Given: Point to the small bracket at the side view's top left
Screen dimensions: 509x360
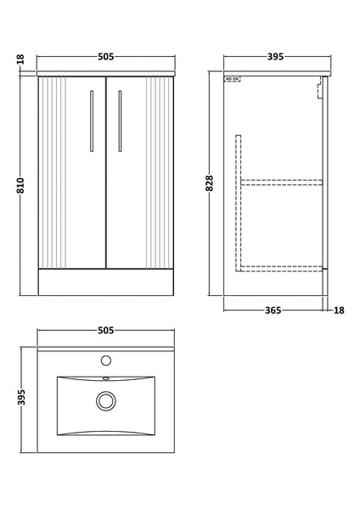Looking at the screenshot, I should point(232,81).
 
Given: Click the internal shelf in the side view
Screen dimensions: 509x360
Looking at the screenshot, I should point(282,181).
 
